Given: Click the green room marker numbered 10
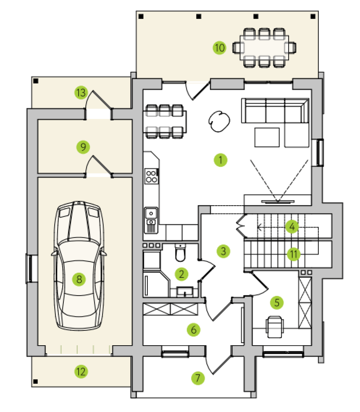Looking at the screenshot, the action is click(x=219, y=48).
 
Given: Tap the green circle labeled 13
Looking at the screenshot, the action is click(x=81, y=92).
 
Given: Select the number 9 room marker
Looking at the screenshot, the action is click(x=83, y=147).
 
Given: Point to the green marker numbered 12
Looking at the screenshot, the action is click(x=81, y=372).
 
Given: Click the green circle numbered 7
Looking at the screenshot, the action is click(x=198, y=378).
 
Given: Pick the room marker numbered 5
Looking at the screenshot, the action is click(x=277, y=302).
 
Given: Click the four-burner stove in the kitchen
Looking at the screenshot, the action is click(x=151, y=176).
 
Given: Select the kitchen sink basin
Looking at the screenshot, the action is click(x=151, y=213).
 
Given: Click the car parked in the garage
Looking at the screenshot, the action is click(x=79, y=266).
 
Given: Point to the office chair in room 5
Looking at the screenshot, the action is click(x=275, y=326).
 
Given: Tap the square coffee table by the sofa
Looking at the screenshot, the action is click(x=267, y=137).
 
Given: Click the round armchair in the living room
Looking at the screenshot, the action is click(x=219, y=121).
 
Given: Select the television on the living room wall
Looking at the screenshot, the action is click(x=278, y=202).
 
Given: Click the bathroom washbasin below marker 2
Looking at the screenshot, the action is click(x=185, y=292).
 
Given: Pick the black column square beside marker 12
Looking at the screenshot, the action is click(x=36, y=381).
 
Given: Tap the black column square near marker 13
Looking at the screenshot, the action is click(x=36, y=81).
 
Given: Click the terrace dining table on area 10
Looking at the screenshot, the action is click(x=264, y=48).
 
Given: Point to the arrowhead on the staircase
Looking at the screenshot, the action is click(x=259, y=227).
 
